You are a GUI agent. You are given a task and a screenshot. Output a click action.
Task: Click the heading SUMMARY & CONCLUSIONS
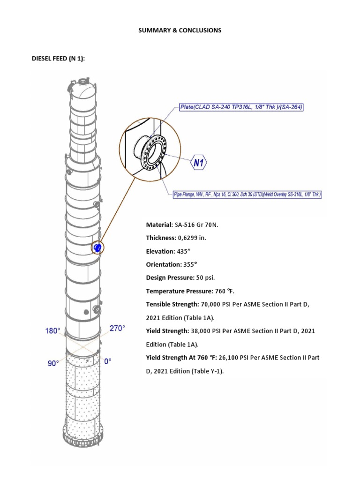[x=180, y=30]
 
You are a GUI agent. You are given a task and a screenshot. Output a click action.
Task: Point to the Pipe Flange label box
[x=244, y=194]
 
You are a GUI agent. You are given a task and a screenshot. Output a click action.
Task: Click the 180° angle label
[x=52, y=331]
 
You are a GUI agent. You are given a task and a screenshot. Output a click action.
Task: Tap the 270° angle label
[x=118, y=329]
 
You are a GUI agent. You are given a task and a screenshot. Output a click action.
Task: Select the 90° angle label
[x=52, y=363]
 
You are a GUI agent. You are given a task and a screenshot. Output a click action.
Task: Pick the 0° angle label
[x=108, y=361]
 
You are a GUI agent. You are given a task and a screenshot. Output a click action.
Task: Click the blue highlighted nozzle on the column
[x=97, y=247]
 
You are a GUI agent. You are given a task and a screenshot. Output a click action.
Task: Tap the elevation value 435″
[x=187, y=251]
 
